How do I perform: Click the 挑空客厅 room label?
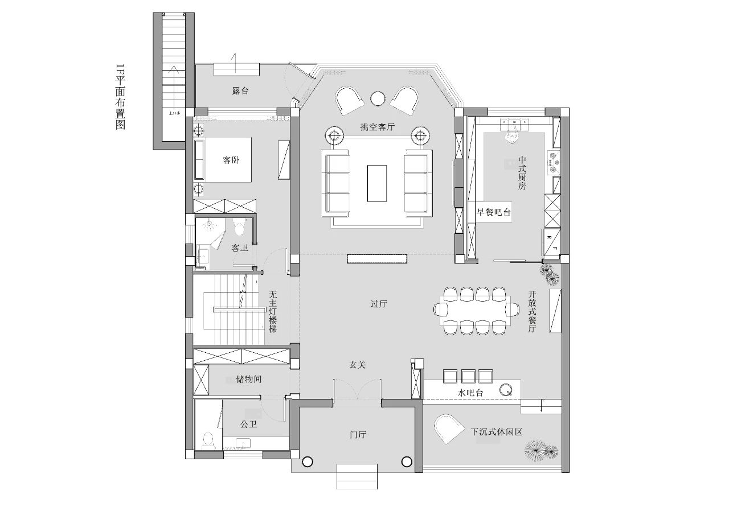pos(377,127)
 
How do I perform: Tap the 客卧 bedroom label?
pos(231,160)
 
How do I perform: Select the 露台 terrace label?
pos(240,90)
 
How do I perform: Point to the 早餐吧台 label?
pos(494,213)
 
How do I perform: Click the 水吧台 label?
pos(470,393)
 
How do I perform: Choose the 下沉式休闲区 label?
pos(497,432)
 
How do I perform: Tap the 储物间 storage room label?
pos(248,379)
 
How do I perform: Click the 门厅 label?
pos(357,435)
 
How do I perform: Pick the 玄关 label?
pos(357,365)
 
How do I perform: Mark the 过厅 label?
pos(379,304)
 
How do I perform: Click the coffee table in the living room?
pos(377,183)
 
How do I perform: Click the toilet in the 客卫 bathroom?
pos(239,228)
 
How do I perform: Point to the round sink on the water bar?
pos(506,390)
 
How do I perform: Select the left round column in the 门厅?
pos(308,462)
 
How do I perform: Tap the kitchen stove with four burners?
pos(554,162)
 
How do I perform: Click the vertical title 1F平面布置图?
pos(120,97)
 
